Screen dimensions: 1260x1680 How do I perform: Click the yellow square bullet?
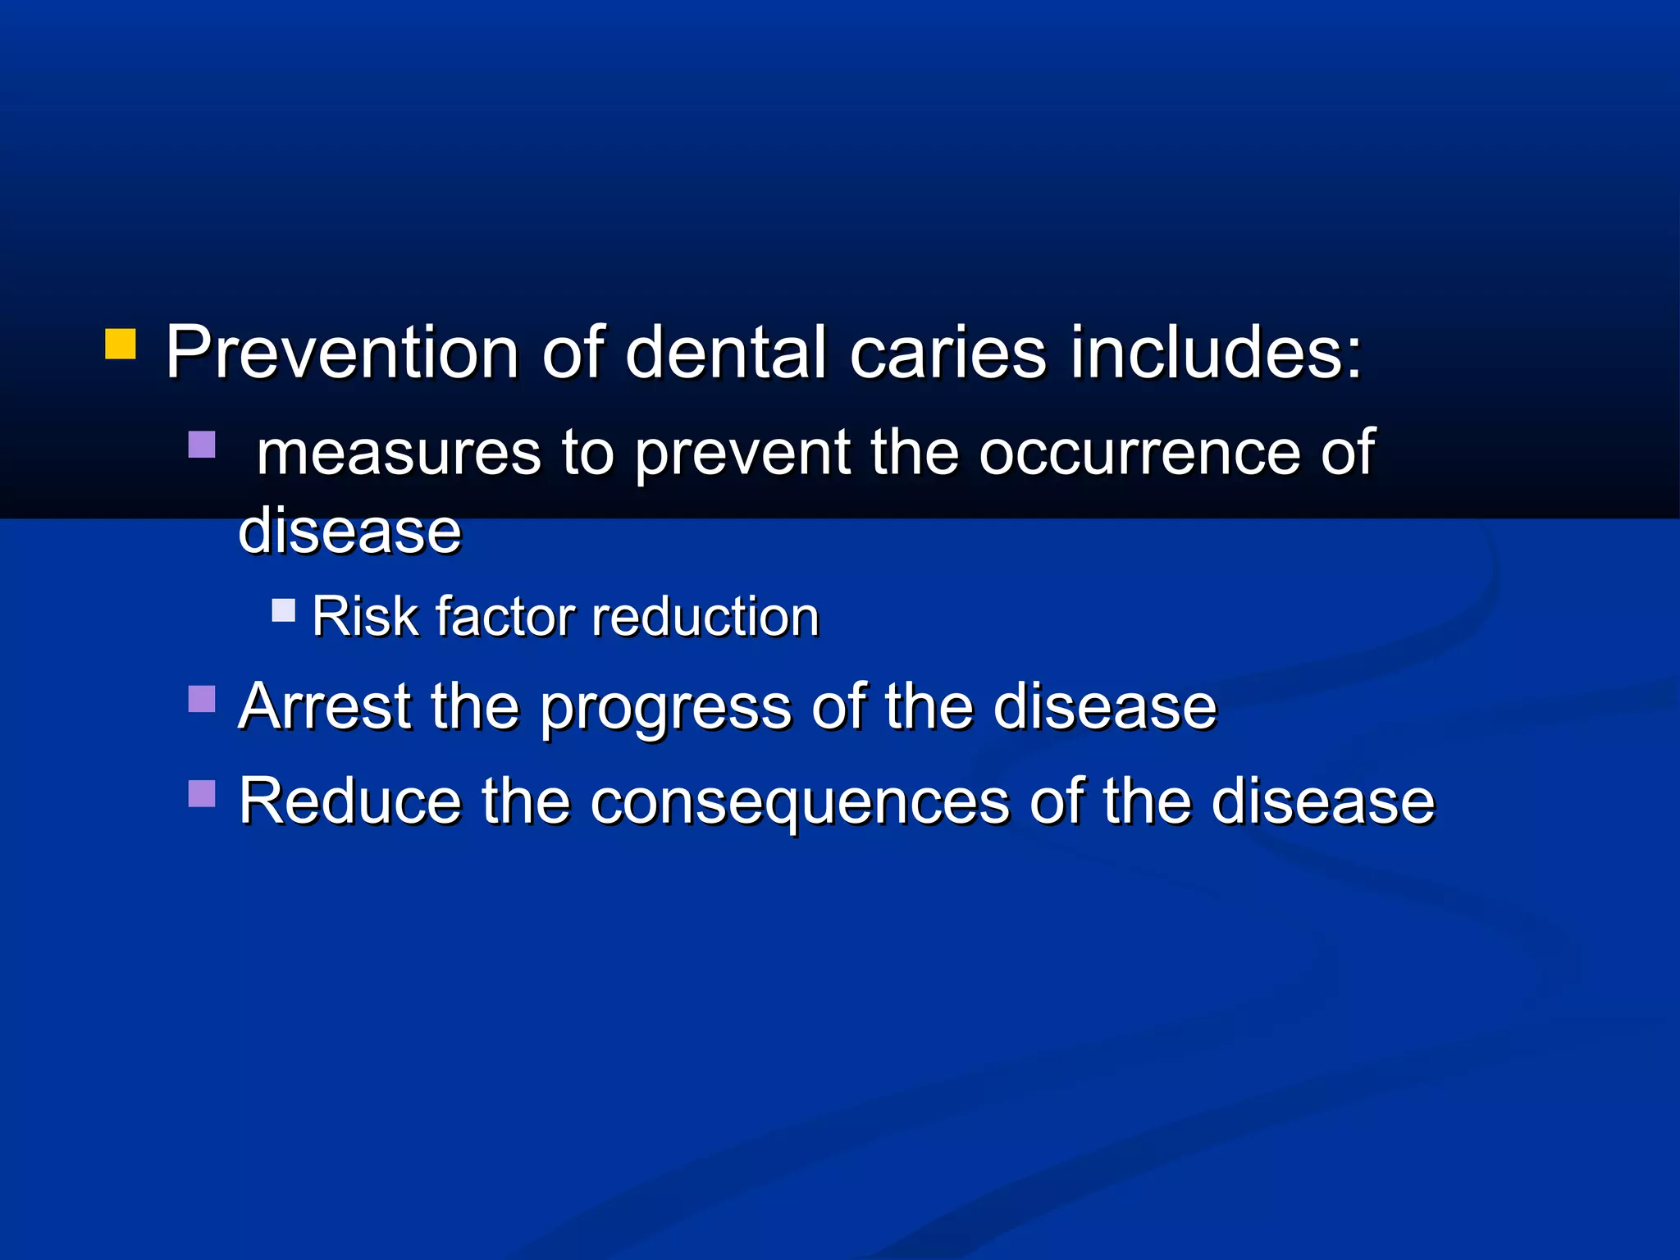(120, 345)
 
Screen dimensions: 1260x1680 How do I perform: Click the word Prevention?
(341, 353)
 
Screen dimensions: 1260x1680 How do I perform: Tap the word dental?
(726, 353)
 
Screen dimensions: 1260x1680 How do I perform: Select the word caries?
(947, 353)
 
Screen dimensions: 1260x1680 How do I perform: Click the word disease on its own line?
(349, 532)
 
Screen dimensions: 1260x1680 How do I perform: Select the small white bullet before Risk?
(284, 610)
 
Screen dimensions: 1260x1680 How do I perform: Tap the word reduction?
(705, 616)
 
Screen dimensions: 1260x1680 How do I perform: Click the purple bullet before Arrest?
(202, 699)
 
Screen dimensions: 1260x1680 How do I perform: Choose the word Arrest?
(324, 706)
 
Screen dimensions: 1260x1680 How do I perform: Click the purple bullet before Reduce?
(202, 793)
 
